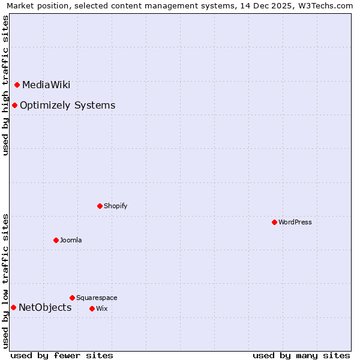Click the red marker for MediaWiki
coord(17,85)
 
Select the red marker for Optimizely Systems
coord(14,106)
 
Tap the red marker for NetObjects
coord(13,308)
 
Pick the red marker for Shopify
coord(100,206)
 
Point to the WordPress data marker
coord(274,222)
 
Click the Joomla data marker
coord(56,240)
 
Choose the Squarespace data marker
coord(72,298)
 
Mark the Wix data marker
coord(92,308)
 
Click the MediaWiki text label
coord(46,85)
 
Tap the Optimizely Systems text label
coord(67,106)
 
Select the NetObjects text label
coord(45,308)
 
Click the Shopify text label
coord(115,206)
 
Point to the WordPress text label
coord(295,222)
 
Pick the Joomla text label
coord(71,240)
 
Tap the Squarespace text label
coord(97,298)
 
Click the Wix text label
coord(101,308)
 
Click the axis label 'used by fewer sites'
coord(62,355)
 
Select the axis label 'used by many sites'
coord(301,355)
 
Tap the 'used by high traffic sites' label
coord(5,85)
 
